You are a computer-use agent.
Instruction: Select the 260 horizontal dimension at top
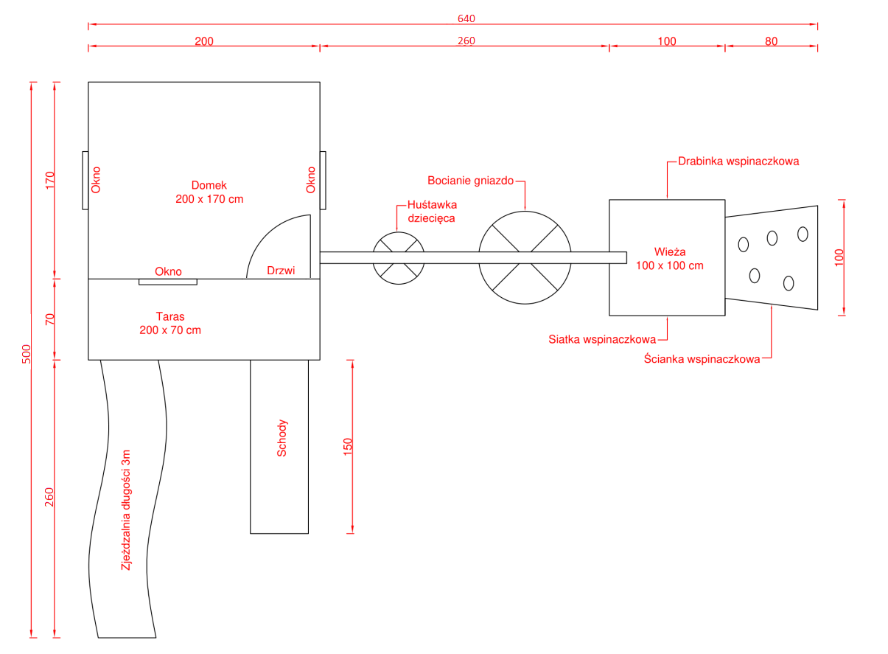tap(466, 41)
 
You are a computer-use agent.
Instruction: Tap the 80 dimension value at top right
tap(771, 41)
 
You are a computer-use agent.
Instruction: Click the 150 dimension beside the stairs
tap(348, 447)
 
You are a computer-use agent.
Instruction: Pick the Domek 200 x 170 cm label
tap(209, 192)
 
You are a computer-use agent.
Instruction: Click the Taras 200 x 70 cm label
tap(170, 323)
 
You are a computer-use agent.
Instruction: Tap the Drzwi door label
tap(281, 271)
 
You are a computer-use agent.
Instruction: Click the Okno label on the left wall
tap(96, 180)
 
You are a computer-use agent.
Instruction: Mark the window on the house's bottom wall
tap(168, 281)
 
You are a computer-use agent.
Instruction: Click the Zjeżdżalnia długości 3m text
tap(126, 509)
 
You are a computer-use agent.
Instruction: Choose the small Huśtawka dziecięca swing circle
tap(398, 258)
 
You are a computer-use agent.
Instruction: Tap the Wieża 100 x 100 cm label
tap(669, 258)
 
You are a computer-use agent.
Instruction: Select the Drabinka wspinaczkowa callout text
tap(738, 160)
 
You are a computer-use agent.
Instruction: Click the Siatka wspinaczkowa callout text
tap(602, 340)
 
